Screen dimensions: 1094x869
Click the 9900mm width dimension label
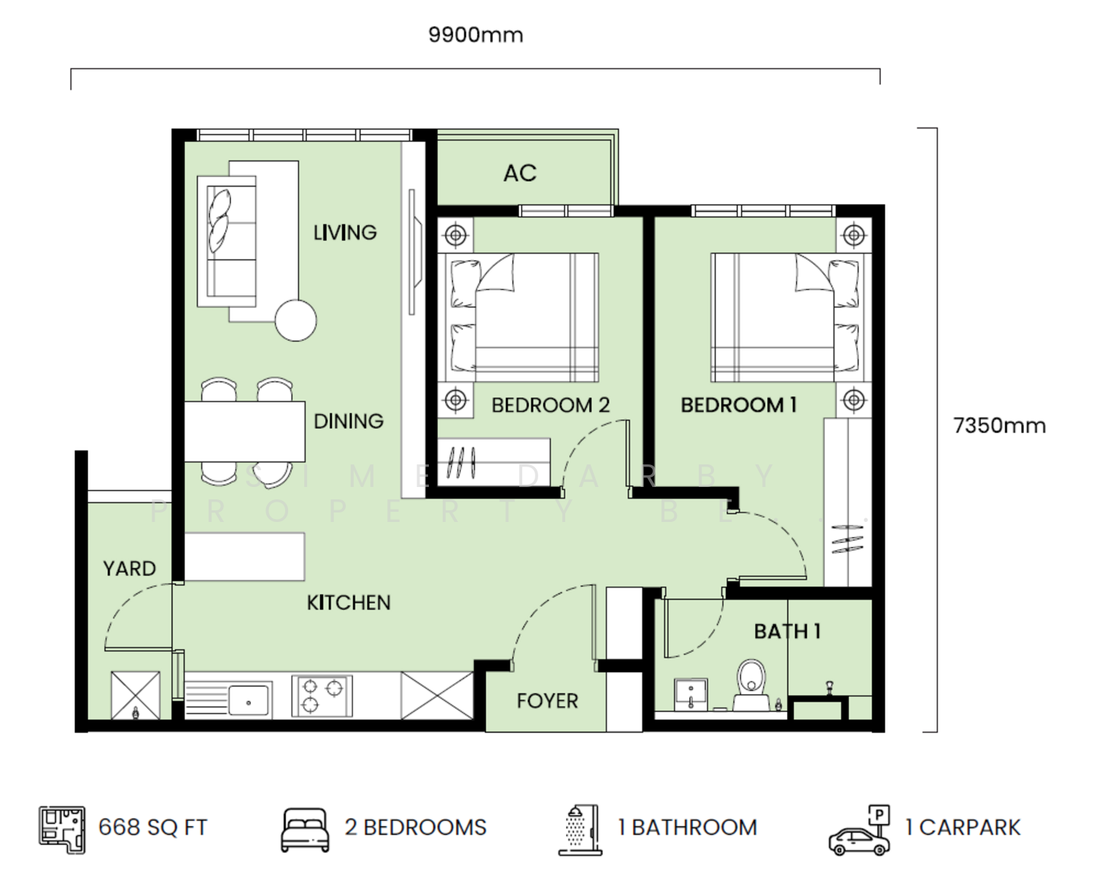[476, 35]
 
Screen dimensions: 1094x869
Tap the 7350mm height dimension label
[999, 426]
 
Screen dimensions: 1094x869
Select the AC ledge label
[519, 174]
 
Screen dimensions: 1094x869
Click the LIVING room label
[345, 233]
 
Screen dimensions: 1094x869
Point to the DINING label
[349, 421]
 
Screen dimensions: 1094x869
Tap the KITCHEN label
[349, 603]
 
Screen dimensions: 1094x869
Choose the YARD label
[129, 569]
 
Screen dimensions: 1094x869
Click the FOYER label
[548, 701]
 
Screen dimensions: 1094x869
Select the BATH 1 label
[787, 631]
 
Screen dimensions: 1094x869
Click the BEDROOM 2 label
[551, 405]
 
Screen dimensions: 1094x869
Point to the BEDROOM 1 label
[739, 405]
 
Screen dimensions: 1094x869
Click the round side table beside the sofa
[296, 320]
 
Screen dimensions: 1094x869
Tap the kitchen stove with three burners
[322, 695]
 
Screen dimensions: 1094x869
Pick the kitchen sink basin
[248, 701]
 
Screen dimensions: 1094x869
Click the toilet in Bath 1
[751, 685]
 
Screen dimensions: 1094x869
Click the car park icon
[859, 830]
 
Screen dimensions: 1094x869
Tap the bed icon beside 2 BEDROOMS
[305, 830]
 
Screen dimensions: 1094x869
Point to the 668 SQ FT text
[153, 828]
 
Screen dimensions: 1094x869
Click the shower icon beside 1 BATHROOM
[581, 830]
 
